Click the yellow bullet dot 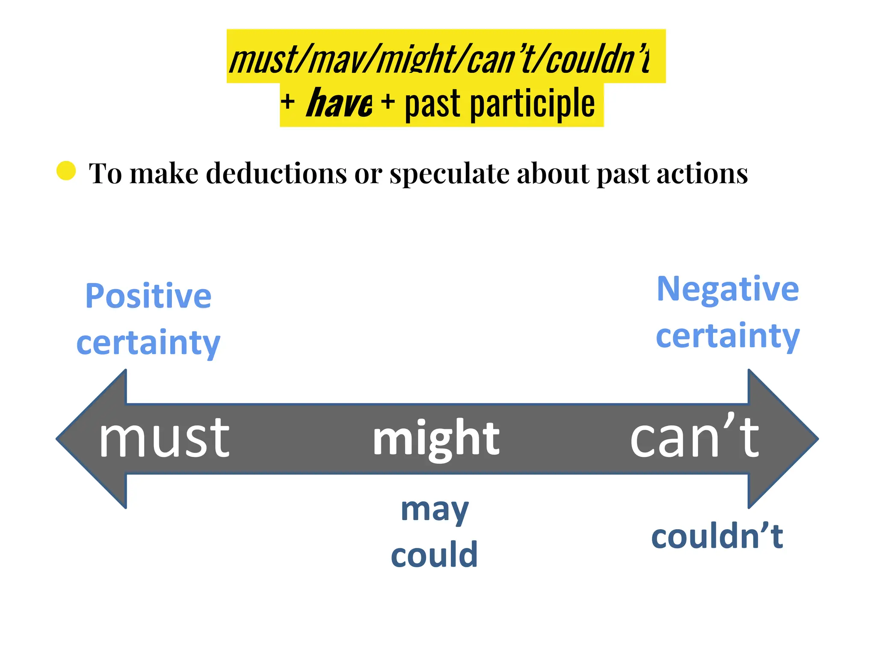(66, 171)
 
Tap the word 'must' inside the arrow (164, 438)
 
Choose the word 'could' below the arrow (434, 554)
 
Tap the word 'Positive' (148, 296)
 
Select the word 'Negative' (728, 289)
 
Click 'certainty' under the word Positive (148, 343)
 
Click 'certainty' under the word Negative (728, 336)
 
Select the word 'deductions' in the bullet (276, 174)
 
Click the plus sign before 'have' (288, 102)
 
